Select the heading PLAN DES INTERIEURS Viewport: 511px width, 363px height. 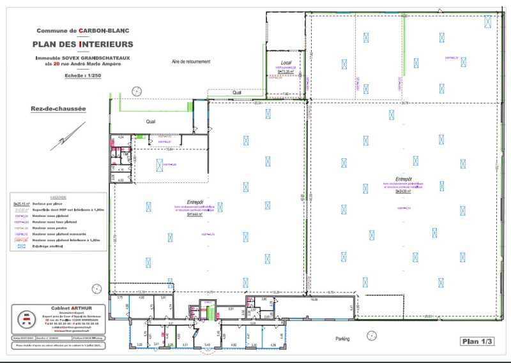(x=83, y=45)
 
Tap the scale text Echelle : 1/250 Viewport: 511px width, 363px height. (x=83, y=75)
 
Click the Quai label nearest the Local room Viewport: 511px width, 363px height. (x=237, y=92)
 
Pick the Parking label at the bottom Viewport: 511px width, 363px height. (x=343, y=339)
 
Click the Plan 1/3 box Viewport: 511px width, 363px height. (x=477, y=341)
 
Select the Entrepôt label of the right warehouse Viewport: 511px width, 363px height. (x=404, y=179)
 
